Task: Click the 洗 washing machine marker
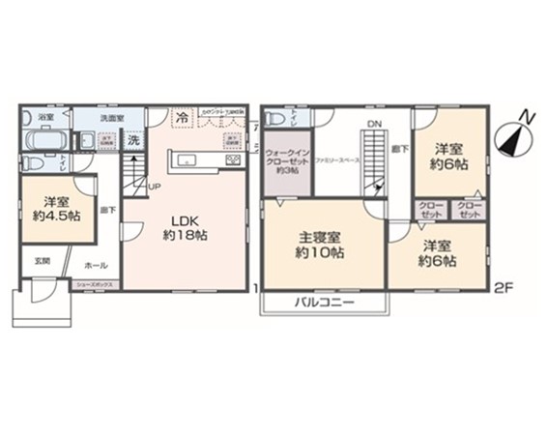[134, 139]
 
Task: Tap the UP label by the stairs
[154, 187]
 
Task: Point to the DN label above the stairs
[373, 123]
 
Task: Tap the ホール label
[95, 264]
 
